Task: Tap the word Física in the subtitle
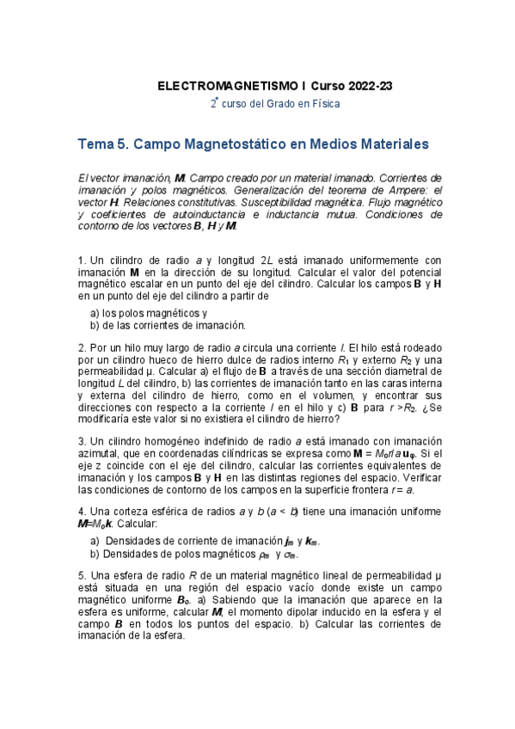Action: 324,104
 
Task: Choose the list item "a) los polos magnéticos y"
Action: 148,313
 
